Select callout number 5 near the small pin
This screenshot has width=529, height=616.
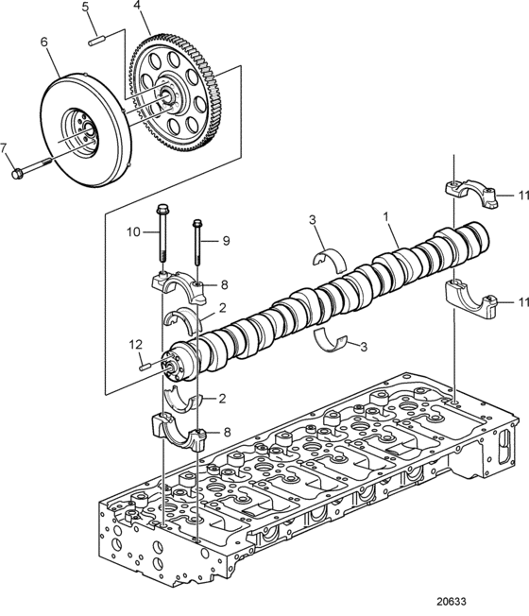[x=86, y=7]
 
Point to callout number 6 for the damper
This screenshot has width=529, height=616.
[x=43, y=42]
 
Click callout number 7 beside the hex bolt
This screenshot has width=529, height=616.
[x=4, y=148]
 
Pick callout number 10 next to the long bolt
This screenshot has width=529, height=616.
[x=133, y=231]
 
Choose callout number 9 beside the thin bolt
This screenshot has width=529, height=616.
[x=226, y=240]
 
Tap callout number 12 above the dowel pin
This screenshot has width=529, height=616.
[x=136, y=345]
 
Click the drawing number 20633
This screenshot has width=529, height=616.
[x=452, y=602]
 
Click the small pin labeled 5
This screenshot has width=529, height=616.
[x=96, y=41]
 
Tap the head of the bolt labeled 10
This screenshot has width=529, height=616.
[x=162, y=208]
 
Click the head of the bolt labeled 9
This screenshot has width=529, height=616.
[x=196, y=223]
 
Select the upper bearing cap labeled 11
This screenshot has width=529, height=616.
[x=471, y=192]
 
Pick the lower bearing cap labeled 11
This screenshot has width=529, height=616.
[x=471, y=301]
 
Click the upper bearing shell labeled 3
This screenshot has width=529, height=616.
[x=331, y=259]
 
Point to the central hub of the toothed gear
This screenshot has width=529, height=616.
[x=169, y=95]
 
